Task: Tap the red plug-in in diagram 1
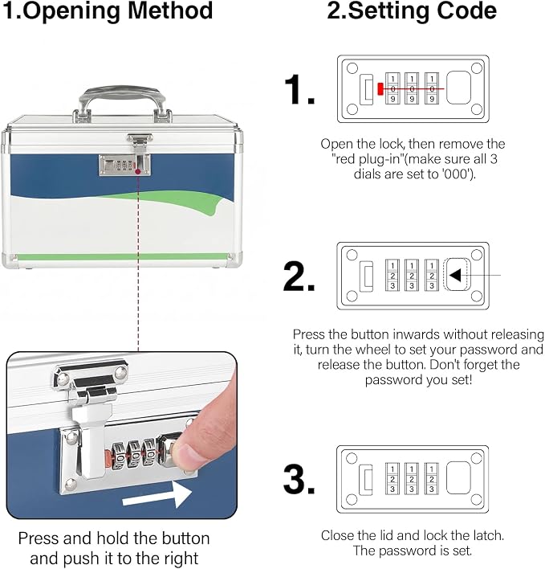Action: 380,89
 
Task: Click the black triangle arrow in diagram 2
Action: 455,275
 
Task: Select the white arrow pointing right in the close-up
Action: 157,494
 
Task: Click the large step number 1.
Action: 299,90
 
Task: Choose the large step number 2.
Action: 299,276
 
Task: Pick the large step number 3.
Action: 299,479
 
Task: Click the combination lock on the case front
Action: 124,166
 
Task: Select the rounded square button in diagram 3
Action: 458,478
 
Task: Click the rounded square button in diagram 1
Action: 458,88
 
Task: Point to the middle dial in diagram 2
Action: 412,275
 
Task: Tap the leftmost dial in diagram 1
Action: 392,88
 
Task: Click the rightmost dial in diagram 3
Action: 431,478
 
